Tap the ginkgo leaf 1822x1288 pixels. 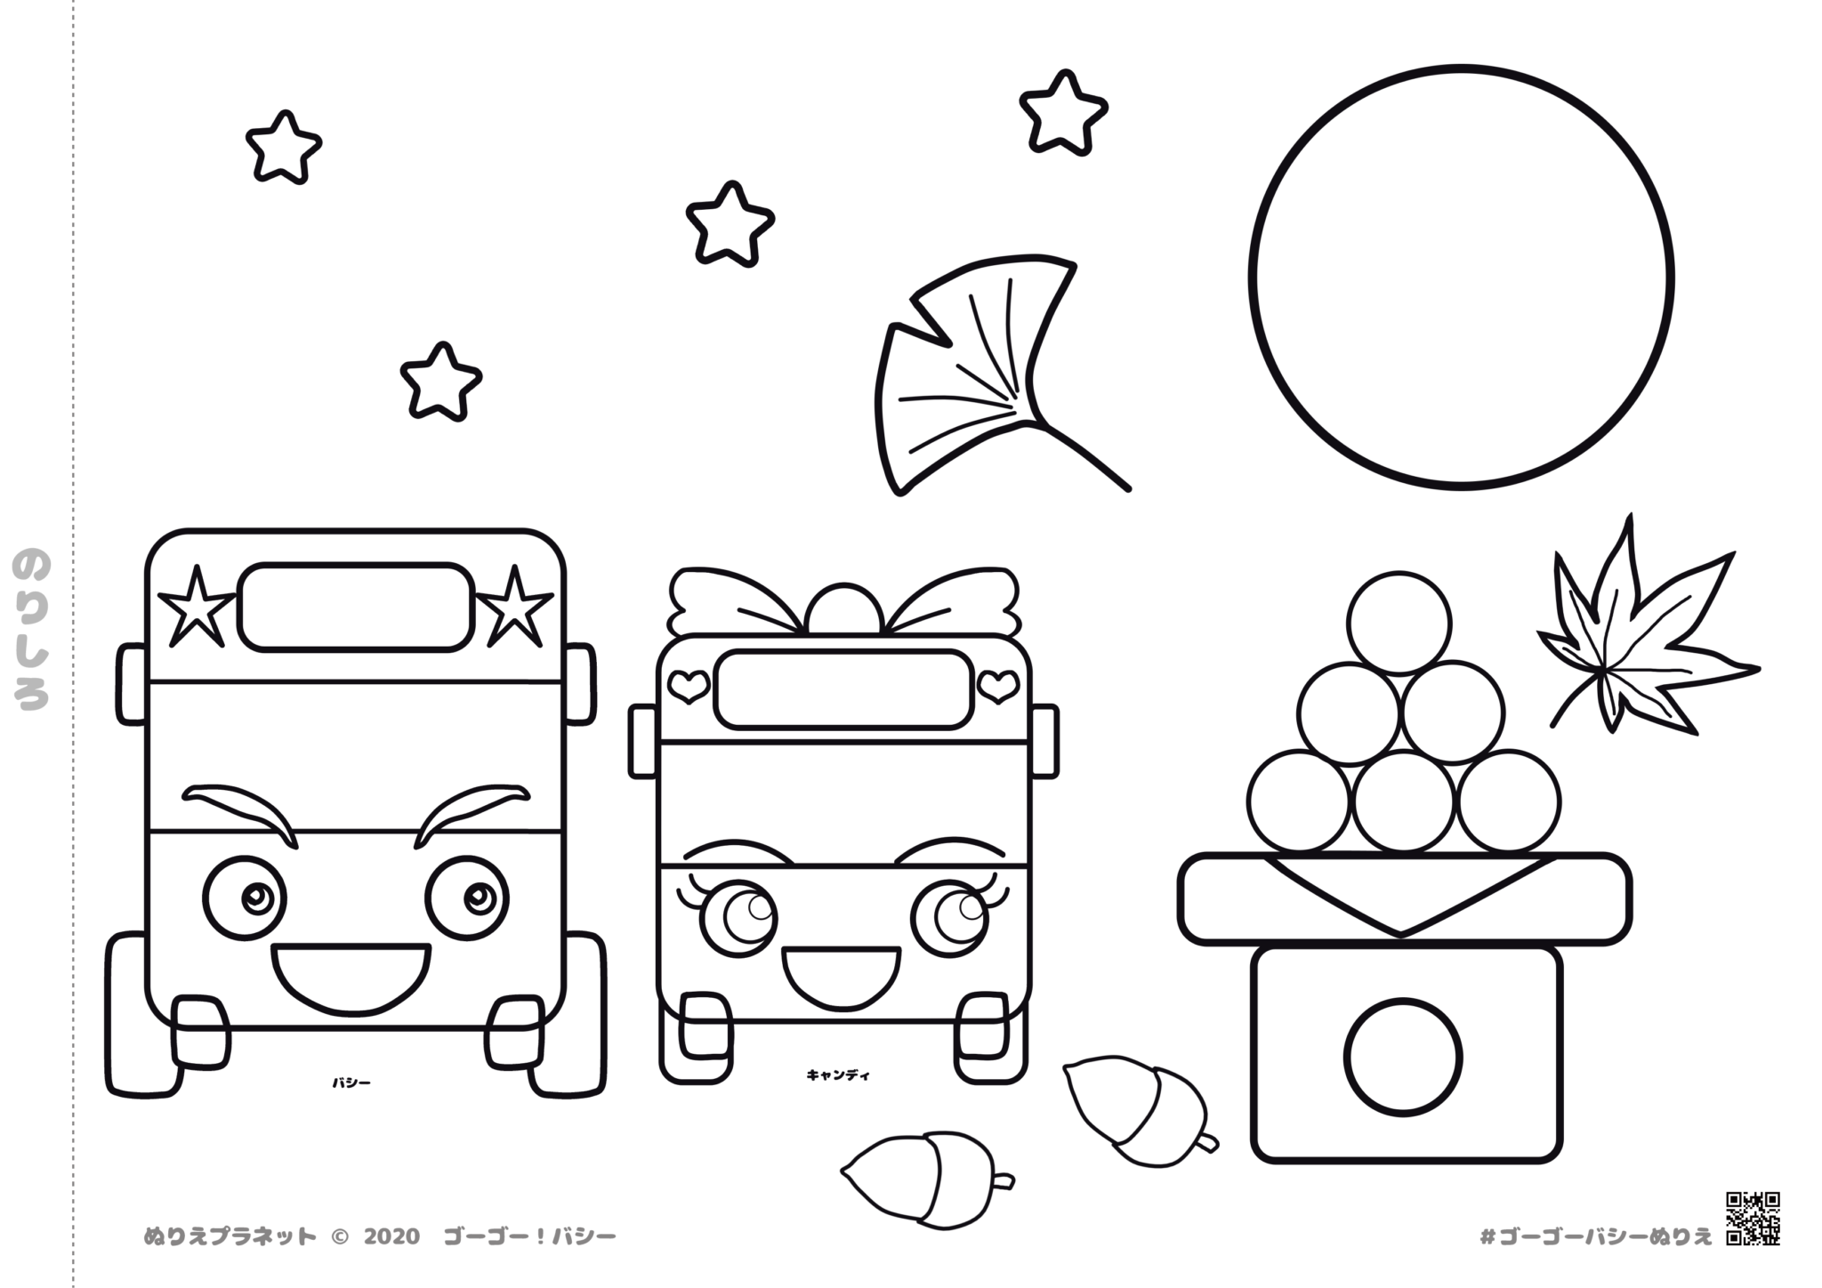(979, 374)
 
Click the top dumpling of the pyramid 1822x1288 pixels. (1399, 623)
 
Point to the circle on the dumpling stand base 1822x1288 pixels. (1403, 1057)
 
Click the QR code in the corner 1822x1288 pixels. (1753, 1219)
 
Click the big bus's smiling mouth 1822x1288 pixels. (351, 978)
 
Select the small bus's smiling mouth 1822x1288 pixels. (841, 978)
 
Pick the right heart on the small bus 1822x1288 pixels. (998, 685)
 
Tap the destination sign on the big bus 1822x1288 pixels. (355, 606)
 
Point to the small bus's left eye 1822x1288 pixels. (738, 916)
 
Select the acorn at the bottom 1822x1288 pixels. (925, 1179)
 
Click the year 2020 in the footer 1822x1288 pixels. (391, 1236)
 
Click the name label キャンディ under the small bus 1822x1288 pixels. (838, 1075)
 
